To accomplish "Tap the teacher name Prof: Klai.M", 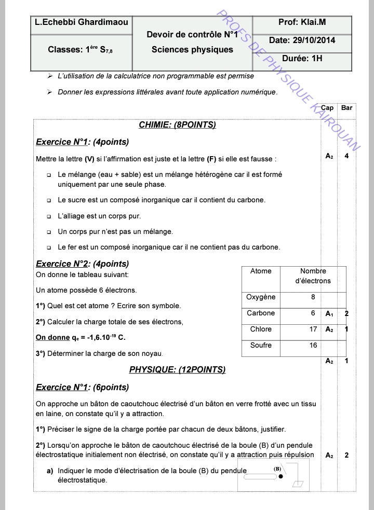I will tap(302, 22).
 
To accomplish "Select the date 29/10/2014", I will tap(302, 40).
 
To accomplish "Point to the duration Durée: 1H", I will tap(302, 59).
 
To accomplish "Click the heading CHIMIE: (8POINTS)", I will tap(177, 125).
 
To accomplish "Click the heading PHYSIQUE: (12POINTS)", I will tap(177, 370).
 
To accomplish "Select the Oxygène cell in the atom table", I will tap(261, 297).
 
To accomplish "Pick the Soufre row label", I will tap(261, 346).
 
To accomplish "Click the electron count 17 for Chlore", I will tap(313, 329).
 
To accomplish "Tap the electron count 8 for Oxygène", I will tap(313, 297).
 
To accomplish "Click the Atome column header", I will tap(261, 271).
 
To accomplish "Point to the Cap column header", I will tap(328, 108).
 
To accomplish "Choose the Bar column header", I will tap(346, 108).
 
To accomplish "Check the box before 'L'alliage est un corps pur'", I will tap(49, 216).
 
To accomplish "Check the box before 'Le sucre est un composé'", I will tap(49, 200).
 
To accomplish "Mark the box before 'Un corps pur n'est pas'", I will tap(49, 232).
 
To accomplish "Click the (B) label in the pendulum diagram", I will tap(277, 468).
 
